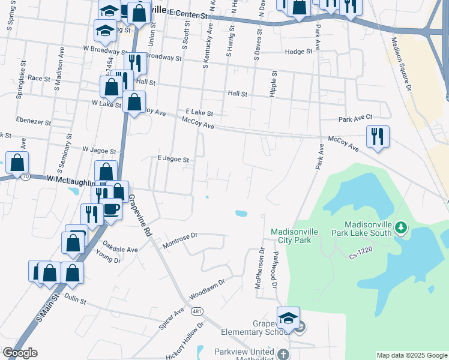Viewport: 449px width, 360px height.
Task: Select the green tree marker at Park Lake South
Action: tap(402, 227)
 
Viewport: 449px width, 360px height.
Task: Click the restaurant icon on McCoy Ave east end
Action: tap(377, 137)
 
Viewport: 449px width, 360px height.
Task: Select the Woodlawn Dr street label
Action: tap(207, 288)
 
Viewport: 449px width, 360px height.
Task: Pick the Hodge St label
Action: tap(299, 52)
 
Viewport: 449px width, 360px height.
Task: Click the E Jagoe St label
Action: tap(173, 160)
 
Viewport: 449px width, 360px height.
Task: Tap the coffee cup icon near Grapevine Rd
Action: tap(111, 210)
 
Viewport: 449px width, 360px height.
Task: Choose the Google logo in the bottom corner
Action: tap(20, 353)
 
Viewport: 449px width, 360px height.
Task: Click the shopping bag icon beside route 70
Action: tap(17, 162)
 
